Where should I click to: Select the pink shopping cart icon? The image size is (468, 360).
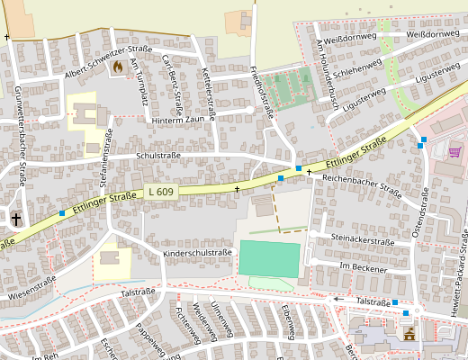pos(454,152)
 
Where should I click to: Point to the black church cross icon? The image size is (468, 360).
pos(15,218)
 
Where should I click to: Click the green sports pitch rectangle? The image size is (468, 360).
pos(267,258)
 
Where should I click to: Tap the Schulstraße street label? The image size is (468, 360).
pos(157,156)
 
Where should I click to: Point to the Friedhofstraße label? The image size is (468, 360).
pos(265,92)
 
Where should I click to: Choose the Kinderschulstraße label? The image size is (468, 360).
pos(198,254)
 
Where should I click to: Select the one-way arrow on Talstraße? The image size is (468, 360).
pos(344,299)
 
